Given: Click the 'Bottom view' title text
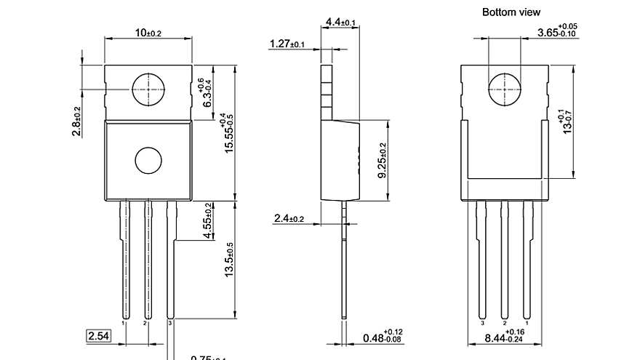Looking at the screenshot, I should tap(511, 12).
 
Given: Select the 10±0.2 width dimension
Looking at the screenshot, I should tap(148, 33).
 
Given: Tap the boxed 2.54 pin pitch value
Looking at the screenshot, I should tap(99, 336).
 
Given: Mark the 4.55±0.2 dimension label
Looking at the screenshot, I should tap(209, 221).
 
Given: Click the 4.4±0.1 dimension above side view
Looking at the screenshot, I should tap(340, 23).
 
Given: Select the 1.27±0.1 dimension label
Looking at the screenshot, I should tap(287, 44).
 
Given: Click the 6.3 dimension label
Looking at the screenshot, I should tap(208, 95).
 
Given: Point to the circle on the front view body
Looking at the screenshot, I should tap(148, 160).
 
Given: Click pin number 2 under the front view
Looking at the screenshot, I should tap(145, 321).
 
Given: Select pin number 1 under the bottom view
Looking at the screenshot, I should tap(527, 321).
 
